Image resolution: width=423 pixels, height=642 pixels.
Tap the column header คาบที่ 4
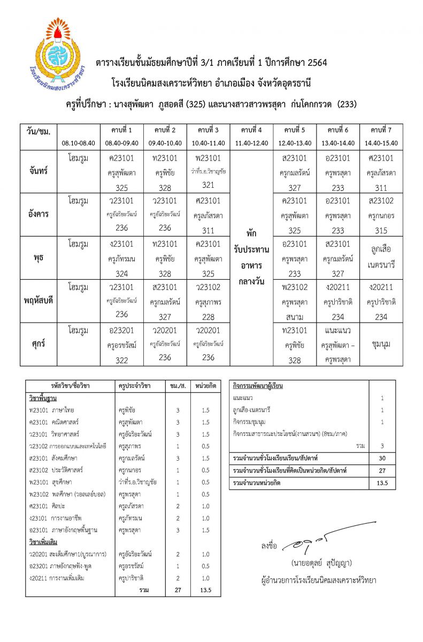pyautogui.click(x=251, y=131)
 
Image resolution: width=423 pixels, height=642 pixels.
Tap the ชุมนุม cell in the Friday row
pyautogui.click(x=382, y=344)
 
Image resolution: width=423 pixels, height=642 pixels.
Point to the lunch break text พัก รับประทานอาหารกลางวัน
pyautogui.click(x=251, y=258)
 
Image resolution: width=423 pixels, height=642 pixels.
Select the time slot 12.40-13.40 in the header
pyautogui.click(x=295, y=143)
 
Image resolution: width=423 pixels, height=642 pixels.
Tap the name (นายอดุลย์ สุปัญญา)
pyautogui.click(x=322, y=563)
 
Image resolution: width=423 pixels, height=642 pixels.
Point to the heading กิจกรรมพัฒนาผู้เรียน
pyautogui.click(x=258, y=386)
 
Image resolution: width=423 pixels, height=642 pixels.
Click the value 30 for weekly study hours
pyautogui.click(x=382, y=458)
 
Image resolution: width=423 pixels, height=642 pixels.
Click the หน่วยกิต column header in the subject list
pyautogui.click(x=205, y=386)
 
